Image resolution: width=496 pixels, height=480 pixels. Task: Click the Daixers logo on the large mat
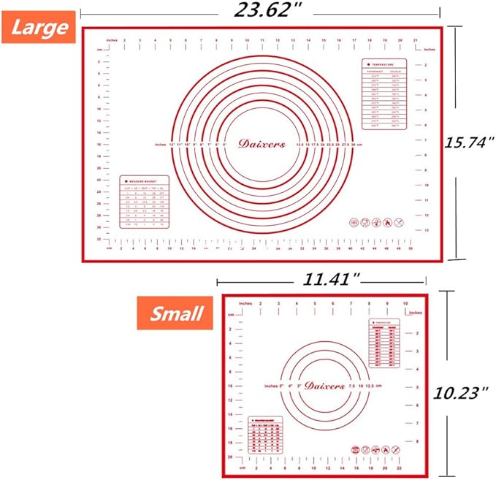tap(262, 144)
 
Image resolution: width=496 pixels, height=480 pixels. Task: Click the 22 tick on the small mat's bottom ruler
tap(400, 467)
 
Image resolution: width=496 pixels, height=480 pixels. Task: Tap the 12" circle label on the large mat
tap(172, 145)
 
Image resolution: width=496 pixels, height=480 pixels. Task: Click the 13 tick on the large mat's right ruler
tap(427, 230)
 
